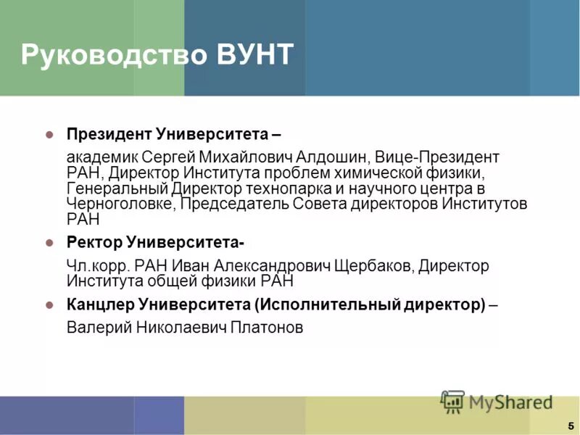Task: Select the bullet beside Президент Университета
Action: pyautogui.click(x=49, y=134)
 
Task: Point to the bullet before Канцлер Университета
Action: pyautogui.click(x=49, y=304)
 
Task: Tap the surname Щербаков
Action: pyautogui.click(x=373, y=265)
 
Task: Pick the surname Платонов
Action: pyautogui.click(x=266, y=328)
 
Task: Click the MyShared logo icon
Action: pyautogui.click(x=453, y=401)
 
